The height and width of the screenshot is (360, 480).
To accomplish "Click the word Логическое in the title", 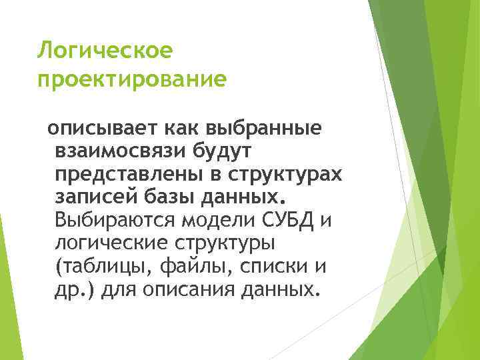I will pos(105,49).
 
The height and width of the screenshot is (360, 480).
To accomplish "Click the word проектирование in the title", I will pos(132,80).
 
